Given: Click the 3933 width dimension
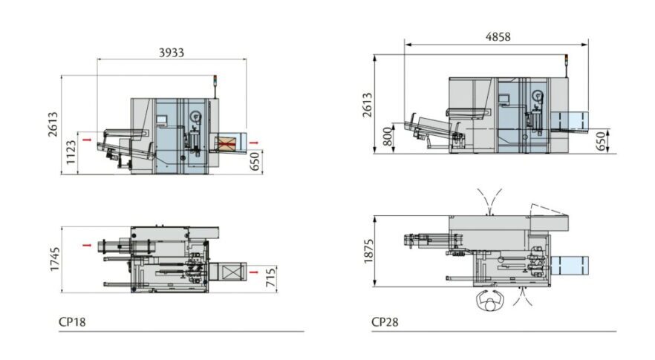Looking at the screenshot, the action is tap(172, 53).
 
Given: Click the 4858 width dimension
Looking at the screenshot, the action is tap(498, 37).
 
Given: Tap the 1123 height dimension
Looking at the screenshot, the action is tap(71, 152).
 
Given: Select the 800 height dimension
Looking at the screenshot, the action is tap(388, 137).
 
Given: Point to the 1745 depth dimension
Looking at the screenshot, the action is tap(55, 259).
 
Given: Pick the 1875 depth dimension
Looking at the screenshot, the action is tap(368, 252).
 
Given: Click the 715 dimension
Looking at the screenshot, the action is tap(270, 278).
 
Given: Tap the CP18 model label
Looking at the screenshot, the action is tap(72, 322).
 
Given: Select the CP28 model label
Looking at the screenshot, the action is tap(385, 322).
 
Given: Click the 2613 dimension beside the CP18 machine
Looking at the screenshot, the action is tap(52, 124).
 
